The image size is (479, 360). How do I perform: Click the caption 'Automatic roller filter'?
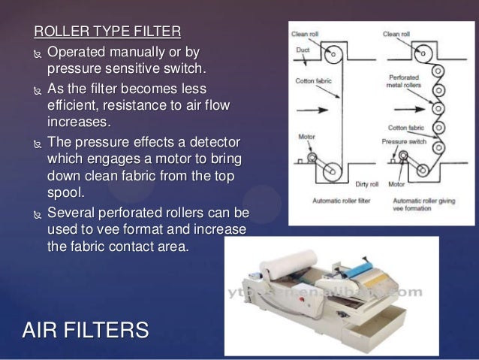point(337,201)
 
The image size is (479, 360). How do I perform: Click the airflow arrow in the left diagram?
point(311,109)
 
